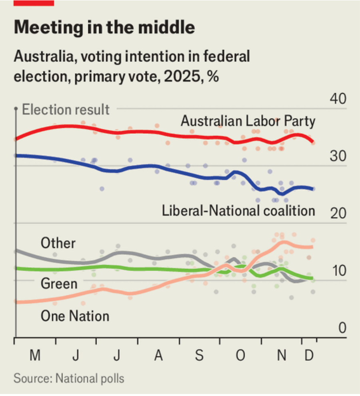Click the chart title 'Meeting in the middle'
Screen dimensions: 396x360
(x=104, y=28)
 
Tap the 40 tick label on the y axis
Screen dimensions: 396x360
(x=338, y=99)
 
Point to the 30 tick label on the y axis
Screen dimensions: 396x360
(x=338, y=156)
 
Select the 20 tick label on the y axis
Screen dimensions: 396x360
(x=338, y=214)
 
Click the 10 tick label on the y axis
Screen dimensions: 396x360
(x=338, y=271)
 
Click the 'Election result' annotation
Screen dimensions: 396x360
(x=66, y=109)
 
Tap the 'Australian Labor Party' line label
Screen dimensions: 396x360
(x=248, y=121)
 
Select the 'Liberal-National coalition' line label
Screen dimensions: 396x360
(x=238, y=210)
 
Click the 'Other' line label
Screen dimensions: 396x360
(x=58, y=243)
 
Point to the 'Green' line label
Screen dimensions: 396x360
(x=59, y=284)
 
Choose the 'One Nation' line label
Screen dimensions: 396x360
(x=75, y=316)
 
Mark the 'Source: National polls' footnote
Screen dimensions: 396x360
(x=69, y=378)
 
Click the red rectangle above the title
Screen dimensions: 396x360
(x=34, y=2)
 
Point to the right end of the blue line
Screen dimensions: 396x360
(x=313, y=189)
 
